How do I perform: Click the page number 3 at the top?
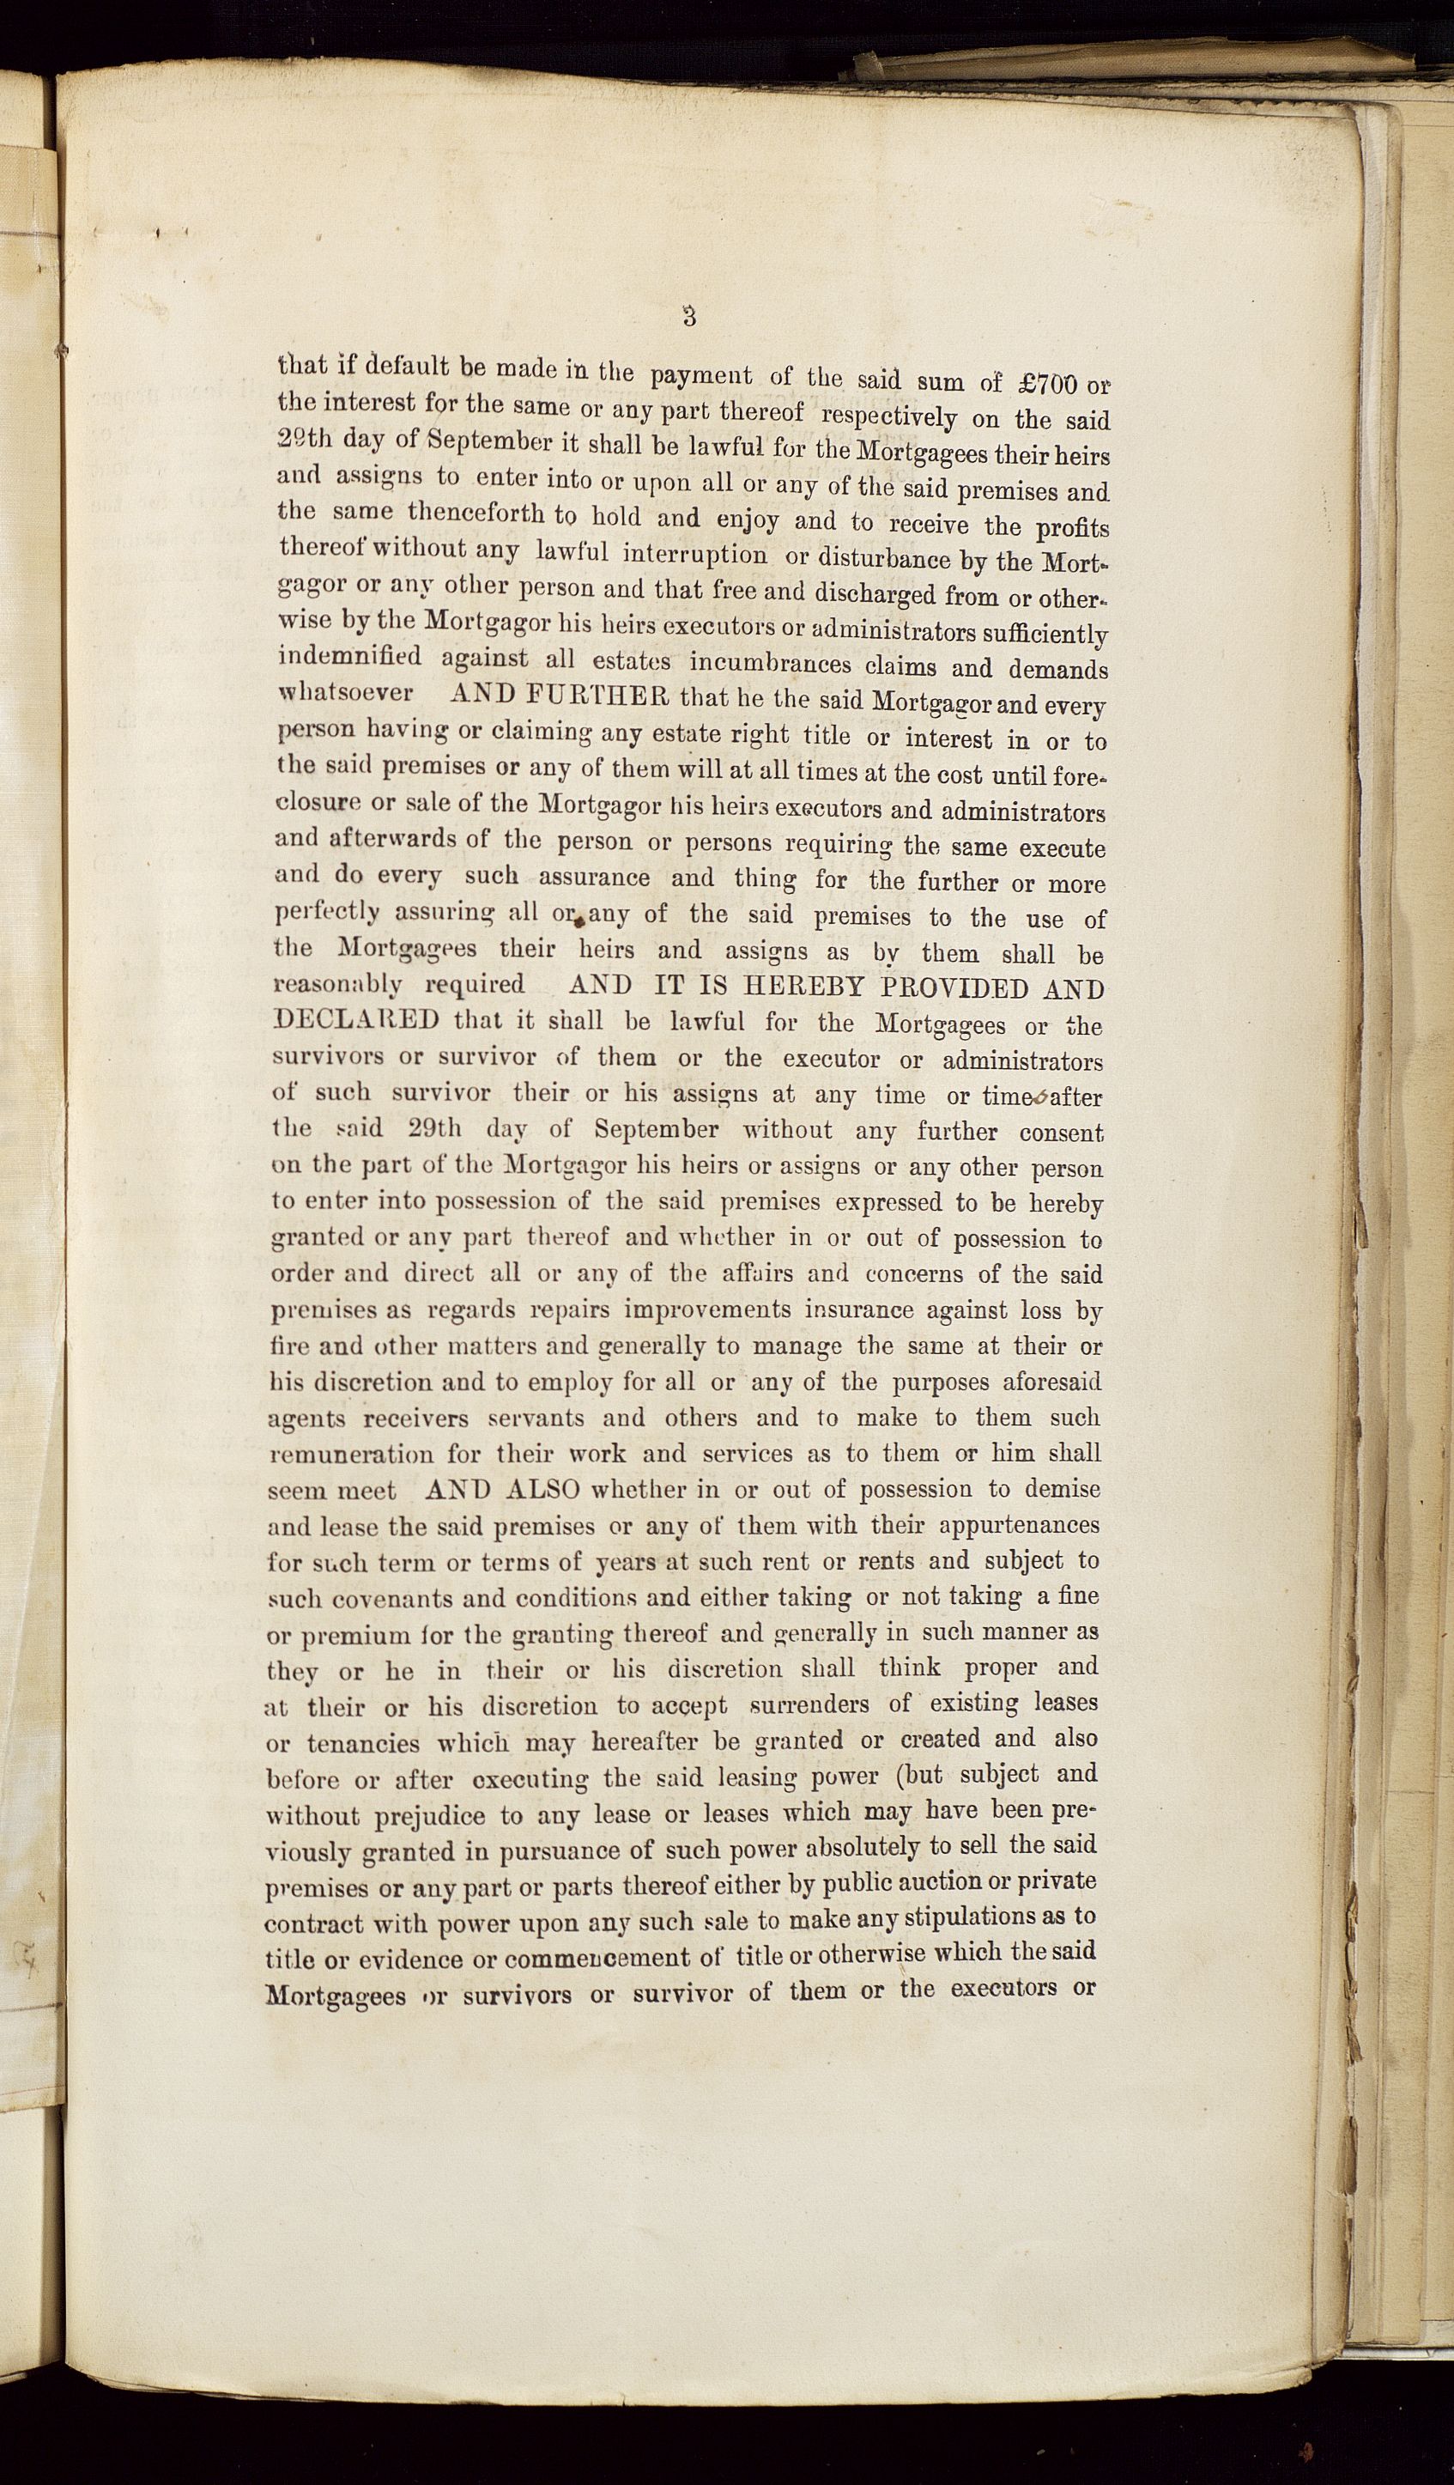point(689,317)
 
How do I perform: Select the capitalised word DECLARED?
point(360,1018)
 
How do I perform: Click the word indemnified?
point(350,657)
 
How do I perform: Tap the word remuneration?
point(350,1455)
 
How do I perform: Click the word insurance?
point(863,1310)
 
